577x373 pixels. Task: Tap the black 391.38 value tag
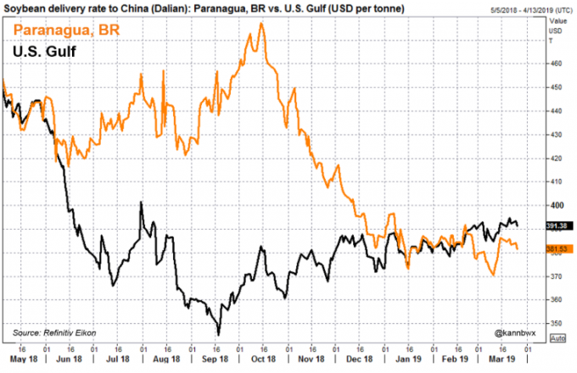pos(556,225)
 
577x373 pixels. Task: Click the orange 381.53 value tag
pos(556,248)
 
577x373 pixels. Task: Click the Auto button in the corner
pos(557,338)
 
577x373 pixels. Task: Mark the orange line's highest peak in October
pos(260,23)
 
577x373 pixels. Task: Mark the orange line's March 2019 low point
pos(495,275)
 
